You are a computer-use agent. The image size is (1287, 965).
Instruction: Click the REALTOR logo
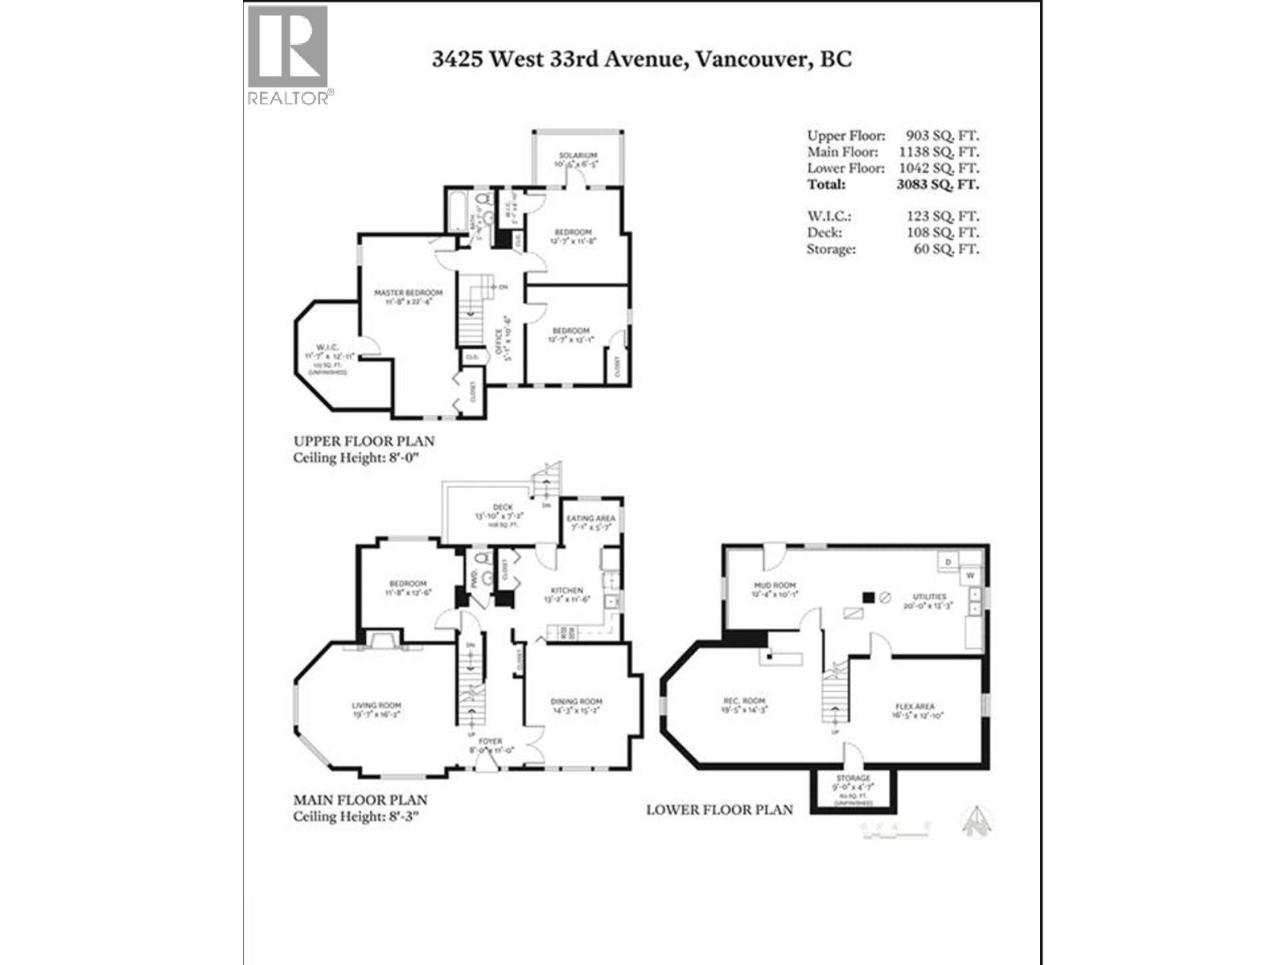click(x=288, y=55)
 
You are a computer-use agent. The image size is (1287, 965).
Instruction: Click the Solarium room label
click(x=578, y=155)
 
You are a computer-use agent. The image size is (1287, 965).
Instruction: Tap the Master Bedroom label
click(x=408, y=293)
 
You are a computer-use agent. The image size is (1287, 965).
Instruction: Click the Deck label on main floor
click(x=502, y=507)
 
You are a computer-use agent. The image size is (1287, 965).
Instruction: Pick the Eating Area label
click(x=591, y=519)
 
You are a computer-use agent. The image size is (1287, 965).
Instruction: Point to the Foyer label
click(x=490, y=741)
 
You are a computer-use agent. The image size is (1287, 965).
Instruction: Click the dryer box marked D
click(x=948, y=561)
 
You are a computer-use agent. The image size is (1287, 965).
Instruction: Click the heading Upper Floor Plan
click(x=364, y=441)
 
